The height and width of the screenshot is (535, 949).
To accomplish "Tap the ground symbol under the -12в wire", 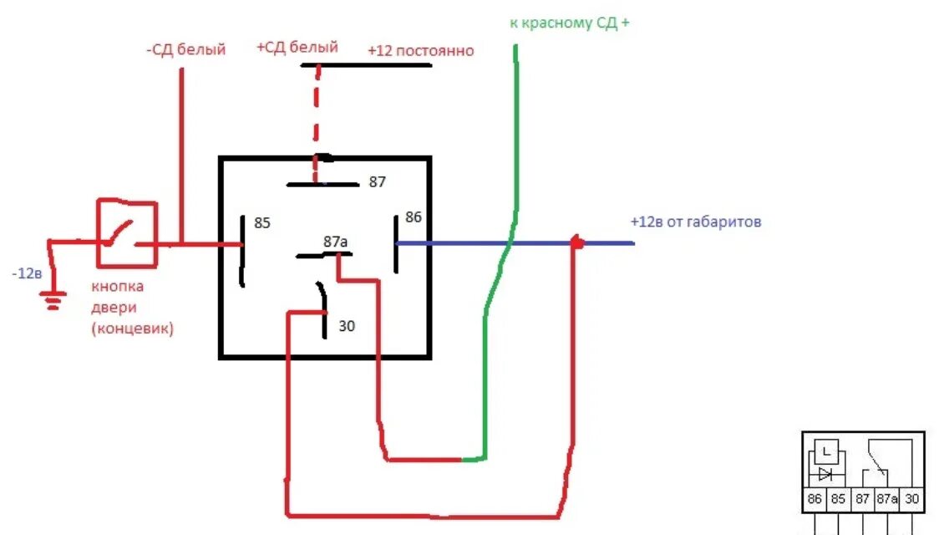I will click(x=54, y=299).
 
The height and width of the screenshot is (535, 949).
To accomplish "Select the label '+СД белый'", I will click(x=297, y=47).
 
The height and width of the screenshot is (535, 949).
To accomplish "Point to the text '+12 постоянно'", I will click(x=420, y=51).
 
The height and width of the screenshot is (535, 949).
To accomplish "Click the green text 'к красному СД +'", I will click(x=570, y=23).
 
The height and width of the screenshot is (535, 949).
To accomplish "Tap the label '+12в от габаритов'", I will click(x=696, y=222).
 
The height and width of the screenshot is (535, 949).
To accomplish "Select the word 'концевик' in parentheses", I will click(x=133, y=329).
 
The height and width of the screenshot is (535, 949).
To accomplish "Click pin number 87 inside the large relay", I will click(x=378, y=181).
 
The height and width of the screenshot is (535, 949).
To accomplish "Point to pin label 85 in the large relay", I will click(x=262, y=224).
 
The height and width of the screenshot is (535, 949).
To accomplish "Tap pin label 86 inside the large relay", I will click(x=414, y=217).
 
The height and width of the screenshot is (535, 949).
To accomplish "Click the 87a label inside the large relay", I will click(x=336, y=242).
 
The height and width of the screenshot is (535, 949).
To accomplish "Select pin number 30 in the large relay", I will click(x=347, y=326).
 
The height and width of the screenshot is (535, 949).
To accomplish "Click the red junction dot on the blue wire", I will click(x=576, y=242).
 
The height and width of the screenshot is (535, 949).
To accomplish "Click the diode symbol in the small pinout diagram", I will click(x=826, y=473).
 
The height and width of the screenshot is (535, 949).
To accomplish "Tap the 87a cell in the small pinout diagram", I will click(x=886, y=499).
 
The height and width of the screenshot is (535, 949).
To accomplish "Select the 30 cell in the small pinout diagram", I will click(x=912, y=499).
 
